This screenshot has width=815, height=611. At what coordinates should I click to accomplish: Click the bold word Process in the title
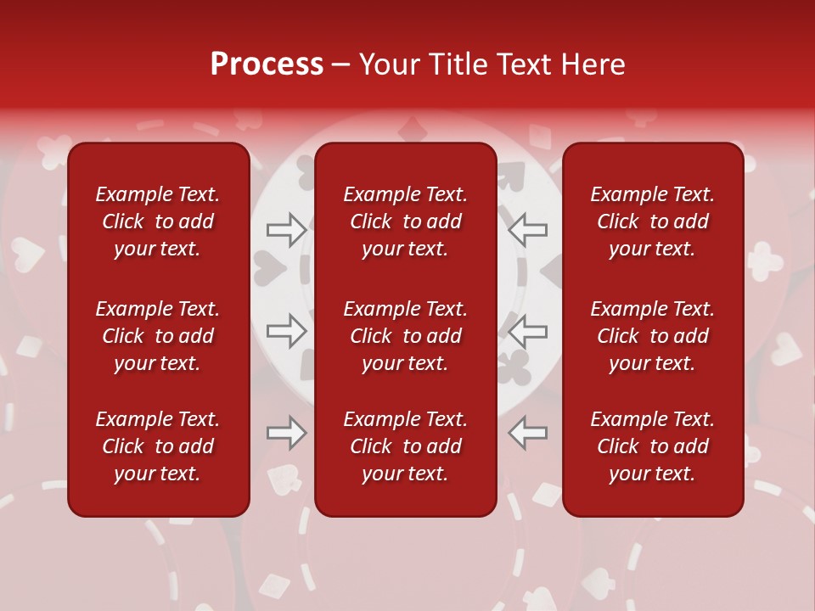[x=267, y=64]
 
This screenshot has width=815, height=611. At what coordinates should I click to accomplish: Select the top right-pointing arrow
[x=286, y=230]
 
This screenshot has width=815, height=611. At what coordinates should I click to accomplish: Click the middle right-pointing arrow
[x=286, y=331]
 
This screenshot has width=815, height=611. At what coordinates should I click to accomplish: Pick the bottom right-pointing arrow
[x=286, y=433]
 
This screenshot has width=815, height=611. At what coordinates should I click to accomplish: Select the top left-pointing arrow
[x=527, y=230]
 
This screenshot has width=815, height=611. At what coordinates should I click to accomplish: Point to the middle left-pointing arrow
[x=527, y=331]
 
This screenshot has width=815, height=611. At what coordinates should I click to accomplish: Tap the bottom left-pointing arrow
[x=527, y=433]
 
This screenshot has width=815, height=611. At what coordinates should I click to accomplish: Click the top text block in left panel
[x=158, y=221]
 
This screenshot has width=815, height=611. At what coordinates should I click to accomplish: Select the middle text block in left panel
[x=158, y=336]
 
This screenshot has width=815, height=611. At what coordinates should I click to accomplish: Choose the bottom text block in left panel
[x=158, y=446]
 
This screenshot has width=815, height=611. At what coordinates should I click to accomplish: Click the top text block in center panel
[x=405, y=221]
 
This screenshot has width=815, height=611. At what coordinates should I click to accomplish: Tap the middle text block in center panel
[x=405, y=336]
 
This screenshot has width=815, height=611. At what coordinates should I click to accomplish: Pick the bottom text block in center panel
[x=405, y=446]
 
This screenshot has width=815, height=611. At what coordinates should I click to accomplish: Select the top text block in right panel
[x=652, y=221]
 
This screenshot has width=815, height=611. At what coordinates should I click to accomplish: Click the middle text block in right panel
[x=652, y=336]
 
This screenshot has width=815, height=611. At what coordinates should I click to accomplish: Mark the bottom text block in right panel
[x=652, y=446]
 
